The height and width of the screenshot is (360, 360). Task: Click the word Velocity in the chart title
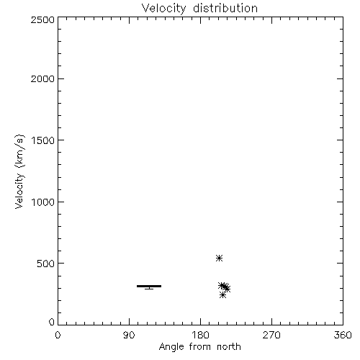(x=163, y=9)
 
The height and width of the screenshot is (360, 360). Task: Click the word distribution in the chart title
(x=225, y=8)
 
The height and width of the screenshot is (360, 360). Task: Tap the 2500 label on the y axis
(x=42, y=19)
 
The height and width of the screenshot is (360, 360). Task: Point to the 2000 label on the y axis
(x=42, y=78)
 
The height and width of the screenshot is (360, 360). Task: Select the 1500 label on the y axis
(x=43, y=140)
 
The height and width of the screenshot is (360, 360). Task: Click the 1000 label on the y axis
(x=43, y=202)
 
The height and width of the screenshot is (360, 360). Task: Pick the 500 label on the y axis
(x=46, y=264)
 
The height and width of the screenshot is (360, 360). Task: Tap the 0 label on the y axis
(x=52, y=322)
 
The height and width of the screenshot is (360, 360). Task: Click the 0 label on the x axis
(x=58, y=335)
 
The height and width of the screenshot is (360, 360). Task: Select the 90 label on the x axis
(x=129, y=335)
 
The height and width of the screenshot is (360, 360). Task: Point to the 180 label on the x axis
(x=200, y=335)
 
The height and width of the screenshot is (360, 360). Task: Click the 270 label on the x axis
(x=271, y=335)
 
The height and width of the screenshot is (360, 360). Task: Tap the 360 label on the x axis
(x=343, y=335)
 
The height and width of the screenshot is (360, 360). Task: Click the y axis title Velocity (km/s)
(x=19, y=171)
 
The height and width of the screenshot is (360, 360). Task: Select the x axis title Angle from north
(x=200, y=347)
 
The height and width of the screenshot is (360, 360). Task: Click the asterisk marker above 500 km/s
(x=219, y=258)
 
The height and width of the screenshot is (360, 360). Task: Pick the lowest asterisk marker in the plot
(x=222, y=295)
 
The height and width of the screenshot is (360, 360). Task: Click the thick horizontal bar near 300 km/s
(x=149, y=286)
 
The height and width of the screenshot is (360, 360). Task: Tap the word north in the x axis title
(x=229, y=347)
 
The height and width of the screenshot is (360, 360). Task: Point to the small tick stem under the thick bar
(x=149, y=288)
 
